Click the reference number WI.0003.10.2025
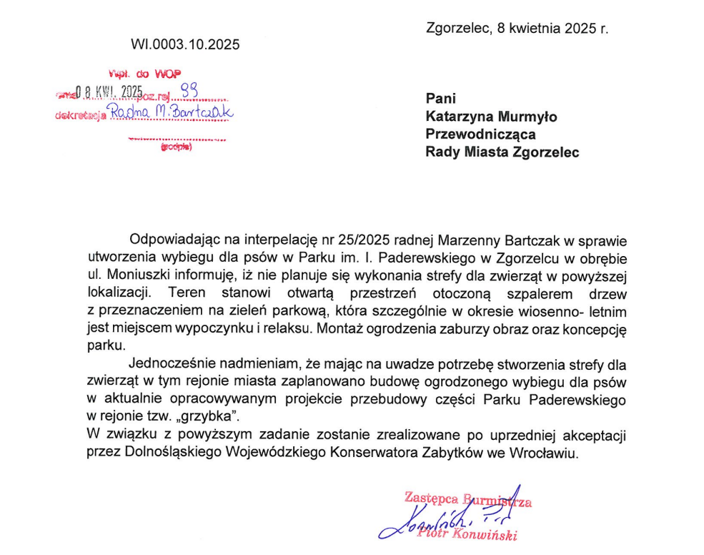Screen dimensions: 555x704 (x=185, y=44)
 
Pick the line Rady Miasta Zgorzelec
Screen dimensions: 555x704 (x=502, y=152)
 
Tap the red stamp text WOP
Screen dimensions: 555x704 (x=167, y=73)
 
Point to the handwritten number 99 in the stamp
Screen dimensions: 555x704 (x=189, y=88)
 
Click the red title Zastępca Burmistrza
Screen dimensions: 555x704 (x=468, y=498)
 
